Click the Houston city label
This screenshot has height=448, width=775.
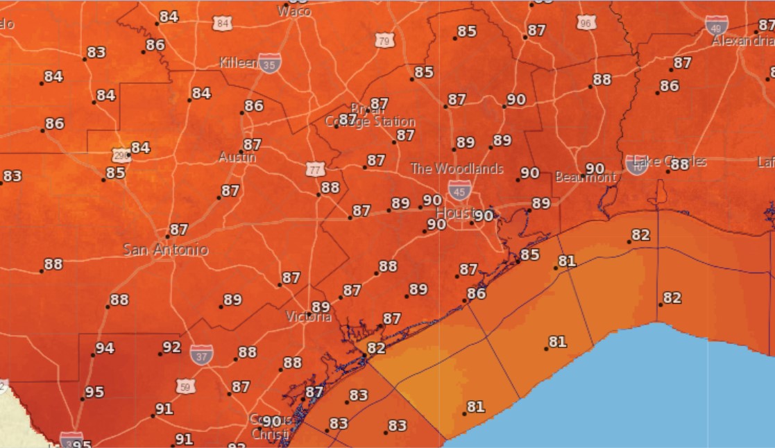[456, 212]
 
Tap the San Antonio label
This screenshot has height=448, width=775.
[165, 250]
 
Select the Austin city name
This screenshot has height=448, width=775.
[237, 157]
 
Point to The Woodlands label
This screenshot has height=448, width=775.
[457, 169]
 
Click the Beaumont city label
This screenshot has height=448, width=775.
[585, 178]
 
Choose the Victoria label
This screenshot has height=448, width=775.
[309, 317]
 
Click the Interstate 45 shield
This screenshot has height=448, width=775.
[458, 191]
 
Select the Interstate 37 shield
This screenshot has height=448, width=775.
[201, 354]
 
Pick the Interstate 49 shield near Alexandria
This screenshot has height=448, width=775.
[717, 26]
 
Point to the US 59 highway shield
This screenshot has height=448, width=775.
[185, 386]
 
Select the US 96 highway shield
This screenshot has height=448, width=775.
[586, 22]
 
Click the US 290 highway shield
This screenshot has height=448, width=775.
[121, 153]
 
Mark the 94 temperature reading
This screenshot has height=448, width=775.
[105, 348]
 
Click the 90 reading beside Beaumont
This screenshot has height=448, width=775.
[595, 169]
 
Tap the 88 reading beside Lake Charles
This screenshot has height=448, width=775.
[679, 164]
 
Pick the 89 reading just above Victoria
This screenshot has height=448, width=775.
[320, 307]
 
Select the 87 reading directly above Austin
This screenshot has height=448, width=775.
[252, 144]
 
